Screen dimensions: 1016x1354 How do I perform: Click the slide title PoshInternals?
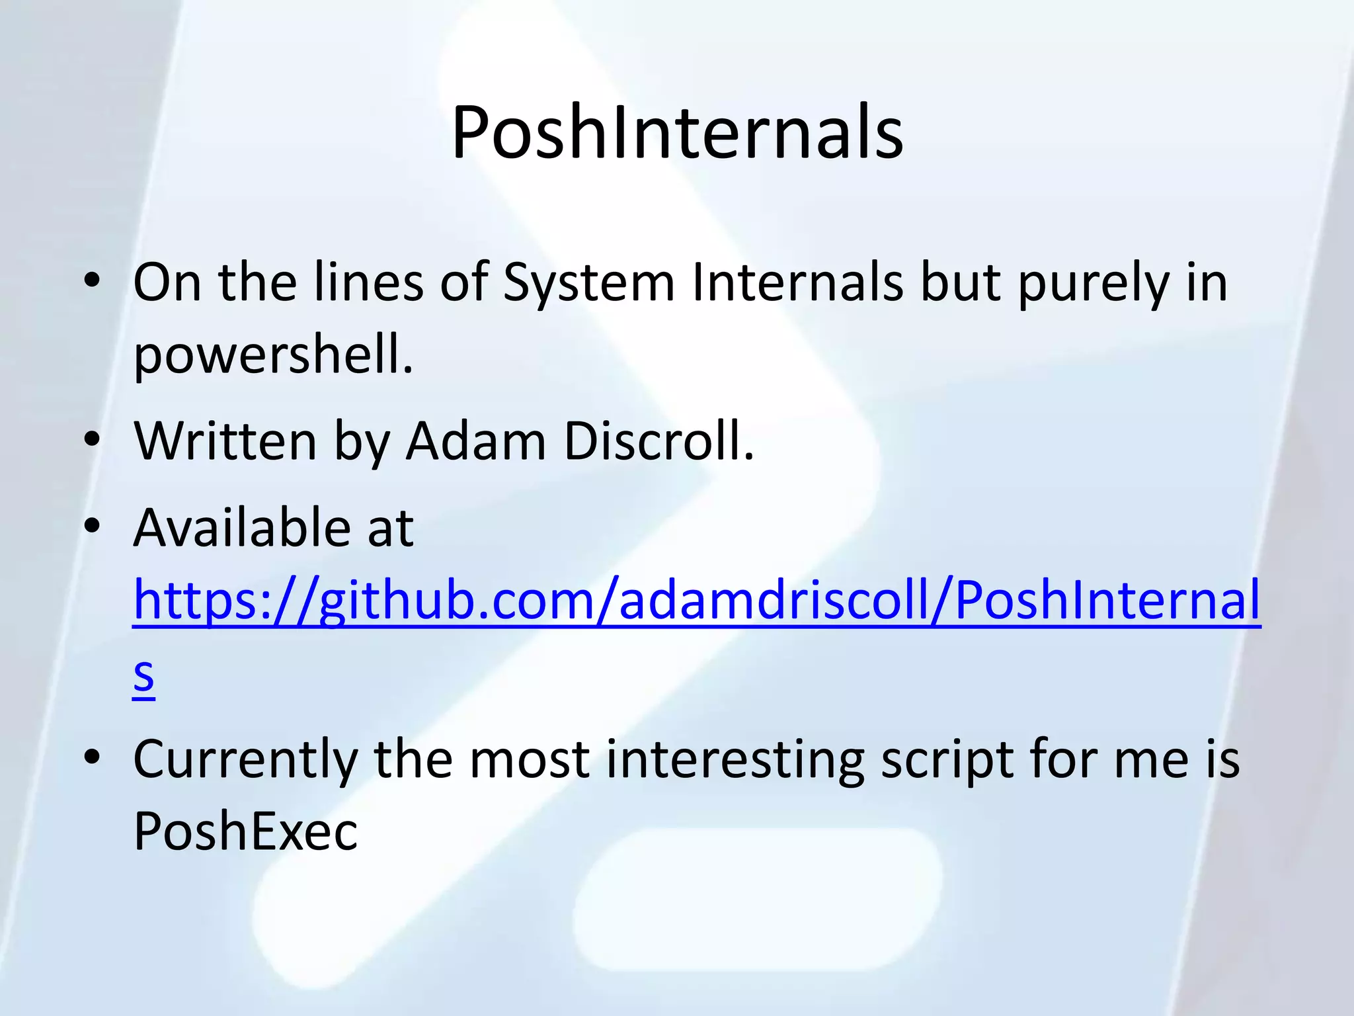pos(677,132)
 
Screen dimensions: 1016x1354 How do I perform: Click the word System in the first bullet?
pos(588,283)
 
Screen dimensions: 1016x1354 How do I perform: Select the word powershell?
pos(273,356)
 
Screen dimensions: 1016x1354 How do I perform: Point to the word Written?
pos(225,441)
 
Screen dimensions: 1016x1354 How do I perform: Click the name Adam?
pos(476,441)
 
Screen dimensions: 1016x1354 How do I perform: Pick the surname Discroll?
pos(658,441)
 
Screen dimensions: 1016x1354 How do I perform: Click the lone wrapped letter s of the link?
pos(143,675)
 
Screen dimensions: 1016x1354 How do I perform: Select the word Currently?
pos(245,761)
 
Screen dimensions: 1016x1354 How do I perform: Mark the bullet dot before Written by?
pos(92,439)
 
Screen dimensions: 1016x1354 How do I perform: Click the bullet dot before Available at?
pos(92,527)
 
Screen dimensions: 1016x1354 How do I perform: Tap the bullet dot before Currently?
pos(92,757)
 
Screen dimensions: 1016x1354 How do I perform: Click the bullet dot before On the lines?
pos(92,280)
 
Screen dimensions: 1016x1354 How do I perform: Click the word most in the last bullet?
pos(530,761)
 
